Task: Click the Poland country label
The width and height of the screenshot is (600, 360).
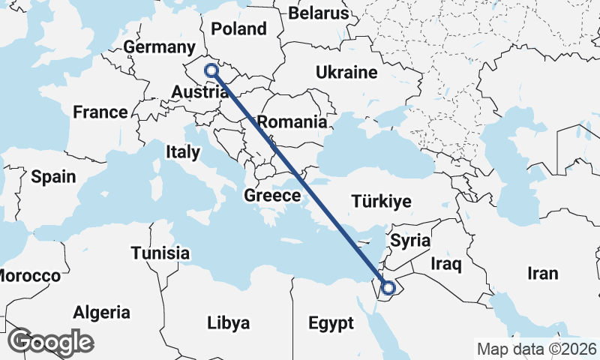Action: pyautogui.click(x=239, y=29)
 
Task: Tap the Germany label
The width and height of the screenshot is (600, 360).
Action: pyautogui.click(x=159, y=47)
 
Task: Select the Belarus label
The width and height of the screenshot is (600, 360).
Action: pyautogui.click(x=319, y=13)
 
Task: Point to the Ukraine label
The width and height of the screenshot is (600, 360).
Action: pyautogui.click(x=346, y=73)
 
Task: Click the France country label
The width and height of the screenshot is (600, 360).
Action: pyautogui.click(x=100, y=112)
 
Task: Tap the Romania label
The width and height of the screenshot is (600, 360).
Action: pyautogui.click(x=292, y=121)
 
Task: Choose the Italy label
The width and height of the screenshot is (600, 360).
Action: pyautogui.click(x=183, y=152)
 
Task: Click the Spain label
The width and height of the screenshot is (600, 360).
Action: pyautogui.click(x=53, y=177)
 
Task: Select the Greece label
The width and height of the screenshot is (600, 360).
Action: pyautogui.click(x=272, y=196)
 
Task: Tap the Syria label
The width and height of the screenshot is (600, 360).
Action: pyautogui.click(x=411, y=241)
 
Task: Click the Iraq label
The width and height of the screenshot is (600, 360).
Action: pyautogui.click(x=446, y=264)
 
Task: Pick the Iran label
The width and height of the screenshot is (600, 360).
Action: pyautogui.click(x=543, y=273)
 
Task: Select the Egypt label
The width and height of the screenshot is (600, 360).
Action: pyautogui.click(x=331, y=324)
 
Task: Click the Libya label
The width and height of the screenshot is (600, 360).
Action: pyautogui.click(x=229, y=323)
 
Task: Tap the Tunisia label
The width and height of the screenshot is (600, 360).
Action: pyautogui.click(x=160, y=253)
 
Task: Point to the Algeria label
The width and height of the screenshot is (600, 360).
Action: pyautogui.click(x=101, y=313)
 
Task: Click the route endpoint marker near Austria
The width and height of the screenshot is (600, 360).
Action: pyautogui.click(x=211, y=71)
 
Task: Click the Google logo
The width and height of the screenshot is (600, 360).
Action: pyautogui.click(x=51, y=342)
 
